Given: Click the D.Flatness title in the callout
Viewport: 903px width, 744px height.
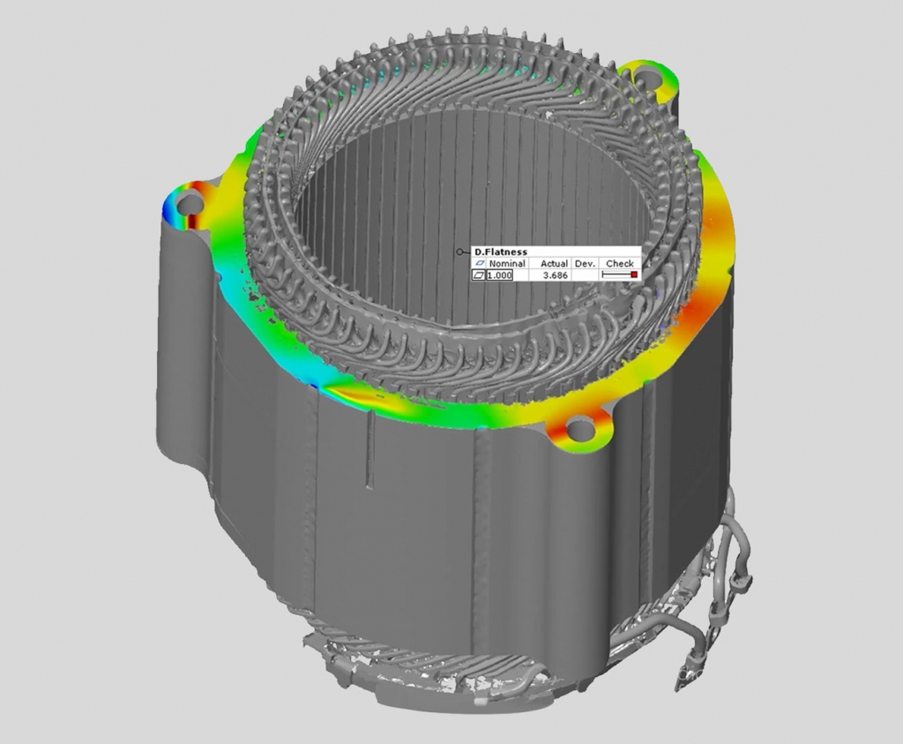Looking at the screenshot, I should click(501, 252).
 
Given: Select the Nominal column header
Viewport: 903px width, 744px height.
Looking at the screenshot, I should click(507, 263).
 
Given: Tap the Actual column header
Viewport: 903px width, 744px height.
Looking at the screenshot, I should click(554, 263).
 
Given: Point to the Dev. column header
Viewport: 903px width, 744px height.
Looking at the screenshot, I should click(586, 263).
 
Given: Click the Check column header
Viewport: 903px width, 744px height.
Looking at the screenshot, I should click(620, 263).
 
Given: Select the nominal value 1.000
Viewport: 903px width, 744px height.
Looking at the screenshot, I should click(500, 275).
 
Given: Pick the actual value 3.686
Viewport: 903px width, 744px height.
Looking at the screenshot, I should click(556, 275).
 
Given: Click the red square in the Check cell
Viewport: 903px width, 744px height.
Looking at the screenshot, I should click(634, 275).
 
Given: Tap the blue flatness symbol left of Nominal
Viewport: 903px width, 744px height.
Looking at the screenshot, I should click(480, 263).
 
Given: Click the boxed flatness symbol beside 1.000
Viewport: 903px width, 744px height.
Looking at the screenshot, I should click(480, 275).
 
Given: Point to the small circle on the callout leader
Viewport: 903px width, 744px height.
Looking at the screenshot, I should click(459, 252).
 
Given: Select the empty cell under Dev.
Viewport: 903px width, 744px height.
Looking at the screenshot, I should click(586, 275).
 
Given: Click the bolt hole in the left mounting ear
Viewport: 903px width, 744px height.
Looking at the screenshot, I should click(190, 204).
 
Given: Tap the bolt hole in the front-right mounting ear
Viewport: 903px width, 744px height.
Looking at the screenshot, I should click(579, 430).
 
